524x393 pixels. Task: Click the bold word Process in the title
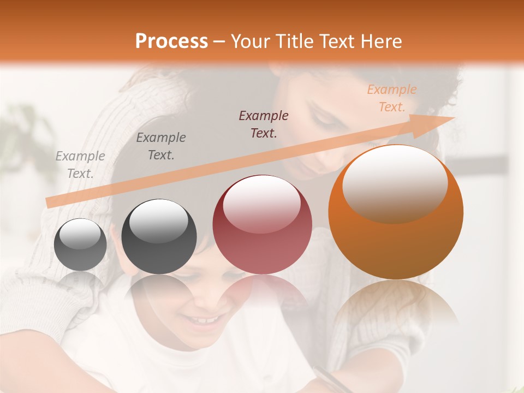pyautogui.click(x=171, y=41)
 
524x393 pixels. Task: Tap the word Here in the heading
pyautogui.click(x=381, y=41)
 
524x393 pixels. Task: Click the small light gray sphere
pyautogui.click(x=80, y=245)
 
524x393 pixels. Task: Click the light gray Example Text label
pyautogui.click(x=80, y=164)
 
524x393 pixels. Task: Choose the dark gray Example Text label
pyautogui.click(x=161, y=146)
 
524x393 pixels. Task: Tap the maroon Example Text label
pyautogui.click(x=264, y=124)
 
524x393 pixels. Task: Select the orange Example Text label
pyautogui.click(x=392, y=98)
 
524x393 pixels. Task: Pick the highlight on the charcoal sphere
pyautogui.click(x=159, y=219)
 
